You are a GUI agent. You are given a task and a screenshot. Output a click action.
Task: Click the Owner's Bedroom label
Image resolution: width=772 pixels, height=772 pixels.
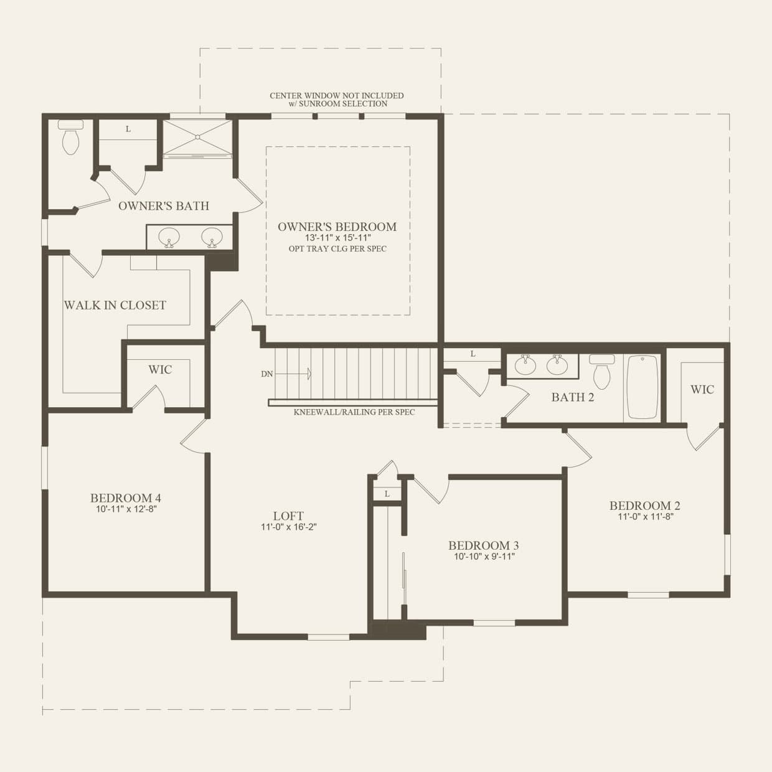tap(337, 227)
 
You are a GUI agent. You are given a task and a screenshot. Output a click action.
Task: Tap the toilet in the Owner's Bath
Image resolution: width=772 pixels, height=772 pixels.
tap(70, 138)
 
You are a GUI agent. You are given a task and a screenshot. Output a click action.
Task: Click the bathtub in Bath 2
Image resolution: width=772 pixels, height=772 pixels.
tap(643, 387)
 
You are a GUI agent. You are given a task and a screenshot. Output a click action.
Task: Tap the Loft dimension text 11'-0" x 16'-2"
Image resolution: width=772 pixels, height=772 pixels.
tap(289, 527)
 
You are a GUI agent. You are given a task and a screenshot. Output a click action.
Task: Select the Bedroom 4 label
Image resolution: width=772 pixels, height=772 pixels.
tap(126, 497)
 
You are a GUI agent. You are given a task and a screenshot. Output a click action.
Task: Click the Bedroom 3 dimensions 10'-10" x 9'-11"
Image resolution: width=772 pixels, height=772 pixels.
tap(484, 557)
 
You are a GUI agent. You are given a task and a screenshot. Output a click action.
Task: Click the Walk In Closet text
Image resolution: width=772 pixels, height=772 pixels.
tap(115, 305)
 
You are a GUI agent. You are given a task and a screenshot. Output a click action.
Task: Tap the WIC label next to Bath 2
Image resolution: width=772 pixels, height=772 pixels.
tap(702, 390)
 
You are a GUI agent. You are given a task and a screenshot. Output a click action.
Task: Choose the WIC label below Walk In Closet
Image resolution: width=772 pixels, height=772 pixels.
tap(160, 370)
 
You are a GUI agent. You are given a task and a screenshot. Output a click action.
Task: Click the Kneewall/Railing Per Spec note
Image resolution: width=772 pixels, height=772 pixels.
tap(354, 412)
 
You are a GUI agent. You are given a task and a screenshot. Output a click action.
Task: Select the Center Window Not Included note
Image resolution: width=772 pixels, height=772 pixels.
tap(337, 100)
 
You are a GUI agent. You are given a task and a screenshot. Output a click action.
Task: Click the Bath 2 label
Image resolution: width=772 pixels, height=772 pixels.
tap(572, 397)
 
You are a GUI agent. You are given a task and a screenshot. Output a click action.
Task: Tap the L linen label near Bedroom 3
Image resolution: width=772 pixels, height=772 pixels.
tap(387, 494)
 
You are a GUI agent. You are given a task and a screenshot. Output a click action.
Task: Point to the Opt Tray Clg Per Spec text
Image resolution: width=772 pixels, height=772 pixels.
tap(337, 249)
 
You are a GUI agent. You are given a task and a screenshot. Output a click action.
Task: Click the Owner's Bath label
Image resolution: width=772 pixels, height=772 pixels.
tap(164, 206)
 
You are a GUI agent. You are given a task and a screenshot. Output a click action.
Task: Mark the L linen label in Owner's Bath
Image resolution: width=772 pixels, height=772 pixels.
tap(128, 129)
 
